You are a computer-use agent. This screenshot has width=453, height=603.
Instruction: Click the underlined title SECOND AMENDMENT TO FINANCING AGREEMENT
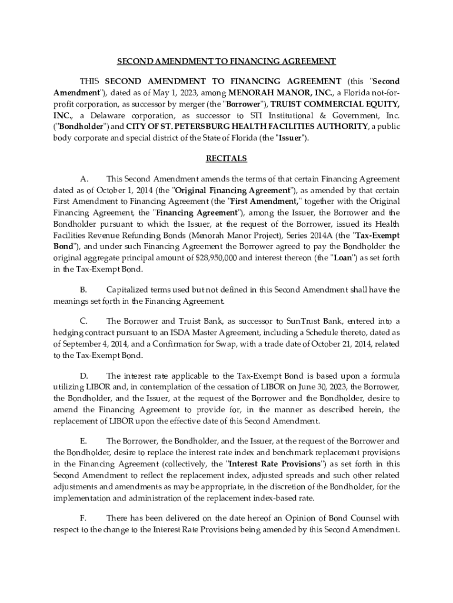pos(226,61)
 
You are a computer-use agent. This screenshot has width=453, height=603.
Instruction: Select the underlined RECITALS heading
pos(226,158)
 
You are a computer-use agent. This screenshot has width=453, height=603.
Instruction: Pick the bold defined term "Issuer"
pos(291,138)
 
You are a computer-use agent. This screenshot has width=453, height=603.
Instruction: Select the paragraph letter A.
pos(84,179)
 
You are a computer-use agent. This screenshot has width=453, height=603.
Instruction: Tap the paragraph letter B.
pos(84,290)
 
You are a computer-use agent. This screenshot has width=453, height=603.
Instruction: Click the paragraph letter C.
pos(84,322)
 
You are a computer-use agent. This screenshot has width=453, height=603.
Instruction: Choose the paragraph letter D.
pos(84,376)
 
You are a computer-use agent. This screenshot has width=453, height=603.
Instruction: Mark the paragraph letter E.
pos(83,441)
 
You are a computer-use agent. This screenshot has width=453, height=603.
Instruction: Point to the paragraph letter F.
pos(83,518)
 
